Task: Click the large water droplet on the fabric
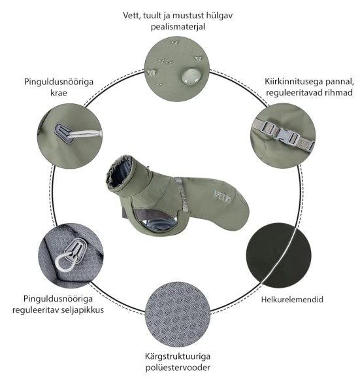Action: click(x=191, y=75)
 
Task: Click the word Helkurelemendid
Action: click(x=292, y=300)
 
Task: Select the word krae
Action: click(x=59, y=93)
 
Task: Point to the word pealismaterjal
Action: click(x=178, y=27)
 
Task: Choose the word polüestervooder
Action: click(x=178, y=368)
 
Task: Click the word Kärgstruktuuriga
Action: click(x=178, y=356)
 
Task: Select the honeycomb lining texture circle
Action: click(x=178, y=315)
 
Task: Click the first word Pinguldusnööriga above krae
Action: click(x=59, y=82)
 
